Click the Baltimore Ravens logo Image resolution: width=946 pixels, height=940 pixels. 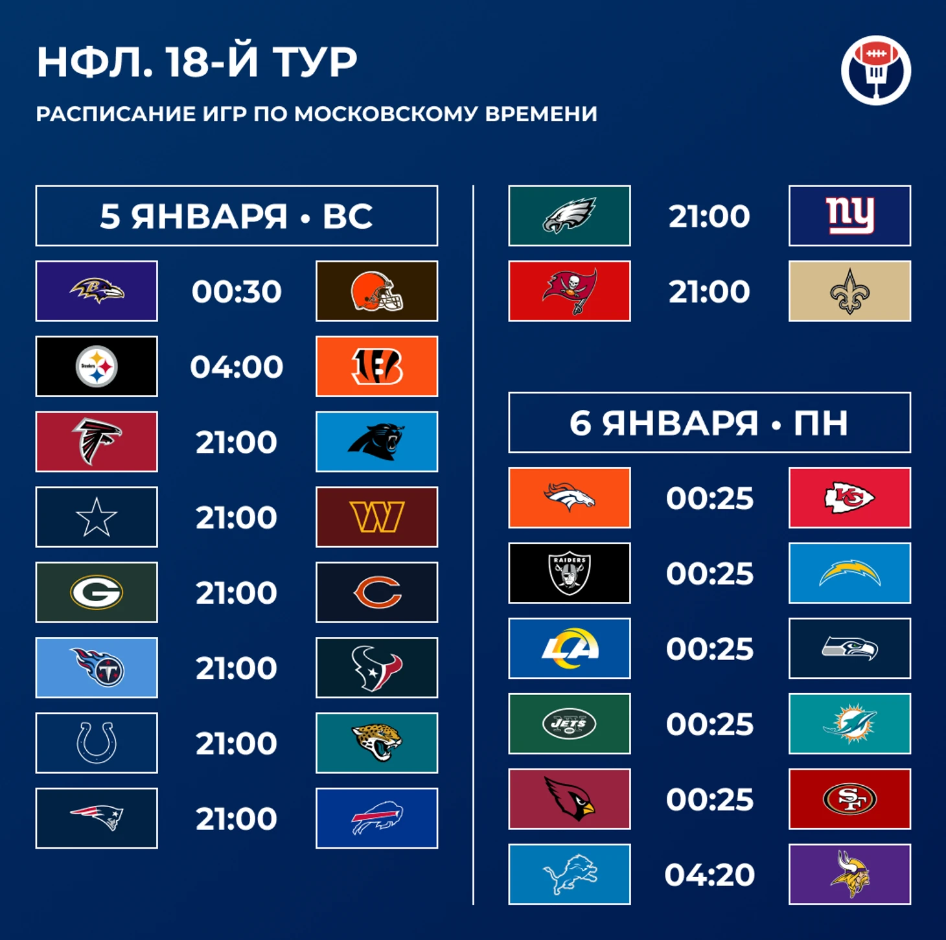click(x=97, y=291)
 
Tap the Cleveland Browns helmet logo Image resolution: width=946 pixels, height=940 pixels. click(x=376, y=291)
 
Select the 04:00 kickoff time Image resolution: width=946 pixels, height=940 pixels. click(x=236, y=367)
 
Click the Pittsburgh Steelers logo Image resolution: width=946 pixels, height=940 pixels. click(x=97, y=366)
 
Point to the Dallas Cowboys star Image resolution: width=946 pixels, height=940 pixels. click(x=97, y=518)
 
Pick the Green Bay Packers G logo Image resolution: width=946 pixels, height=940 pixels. click(x=97, y=592)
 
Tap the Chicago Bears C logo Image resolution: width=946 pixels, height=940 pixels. click(x=377, y=593)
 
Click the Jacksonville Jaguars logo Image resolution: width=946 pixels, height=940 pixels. click(x=376, y=742)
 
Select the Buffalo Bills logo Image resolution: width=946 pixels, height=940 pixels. click(x=377, y=818)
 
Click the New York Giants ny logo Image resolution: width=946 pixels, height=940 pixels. click(x=849, y=216)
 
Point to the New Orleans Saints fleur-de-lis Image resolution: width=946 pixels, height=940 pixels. click(x=849, y=291)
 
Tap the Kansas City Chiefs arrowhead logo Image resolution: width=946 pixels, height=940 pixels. click(x=849, y=498)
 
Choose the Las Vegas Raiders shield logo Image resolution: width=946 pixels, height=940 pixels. click(x=570, y=573)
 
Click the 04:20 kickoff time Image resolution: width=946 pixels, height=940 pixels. click(x=709, y=875)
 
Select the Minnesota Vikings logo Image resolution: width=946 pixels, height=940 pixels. click(x=849, y=874)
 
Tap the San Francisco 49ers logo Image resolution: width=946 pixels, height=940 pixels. click(x=849, y=799)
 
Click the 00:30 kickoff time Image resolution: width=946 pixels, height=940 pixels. click(x=236, y=291)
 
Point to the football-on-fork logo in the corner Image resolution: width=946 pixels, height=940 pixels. click(x=876, y=70)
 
